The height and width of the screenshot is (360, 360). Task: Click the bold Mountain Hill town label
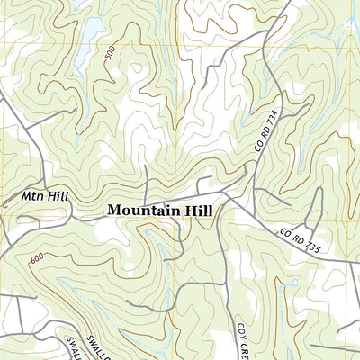coord(160,210)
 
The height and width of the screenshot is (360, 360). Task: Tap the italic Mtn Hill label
coord(40,195)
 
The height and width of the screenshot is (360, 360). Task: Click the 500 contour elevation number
coord(110,55)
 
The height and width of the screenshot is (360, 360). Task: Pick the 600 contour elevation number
coord(36,259)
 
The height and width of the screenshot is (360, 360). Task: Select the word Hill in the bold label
coord(197,210)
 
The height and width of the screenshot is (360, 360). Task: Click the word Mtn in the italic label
coord(31,195)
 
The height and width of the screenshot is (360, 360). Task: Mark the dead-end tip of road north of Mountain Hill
coord(146,166)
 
